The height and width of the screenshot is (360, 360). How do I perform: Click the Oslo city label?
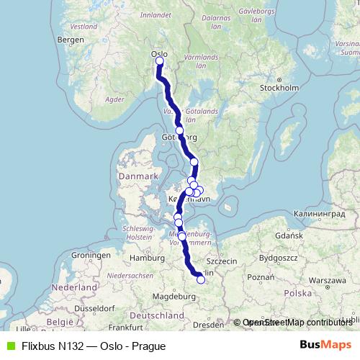(x=158, y=53)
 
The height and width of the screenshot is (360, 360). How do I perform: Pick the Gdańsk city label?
(x=291, y=235)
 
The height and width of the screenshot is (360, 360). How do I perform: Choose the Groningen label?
(x=89, y=256)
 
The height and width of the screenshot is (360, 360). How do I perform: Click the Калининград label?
(x=320, y=215)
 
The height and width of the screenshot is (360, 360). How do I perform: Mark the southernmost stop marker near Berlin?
(x=201, y=281)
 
